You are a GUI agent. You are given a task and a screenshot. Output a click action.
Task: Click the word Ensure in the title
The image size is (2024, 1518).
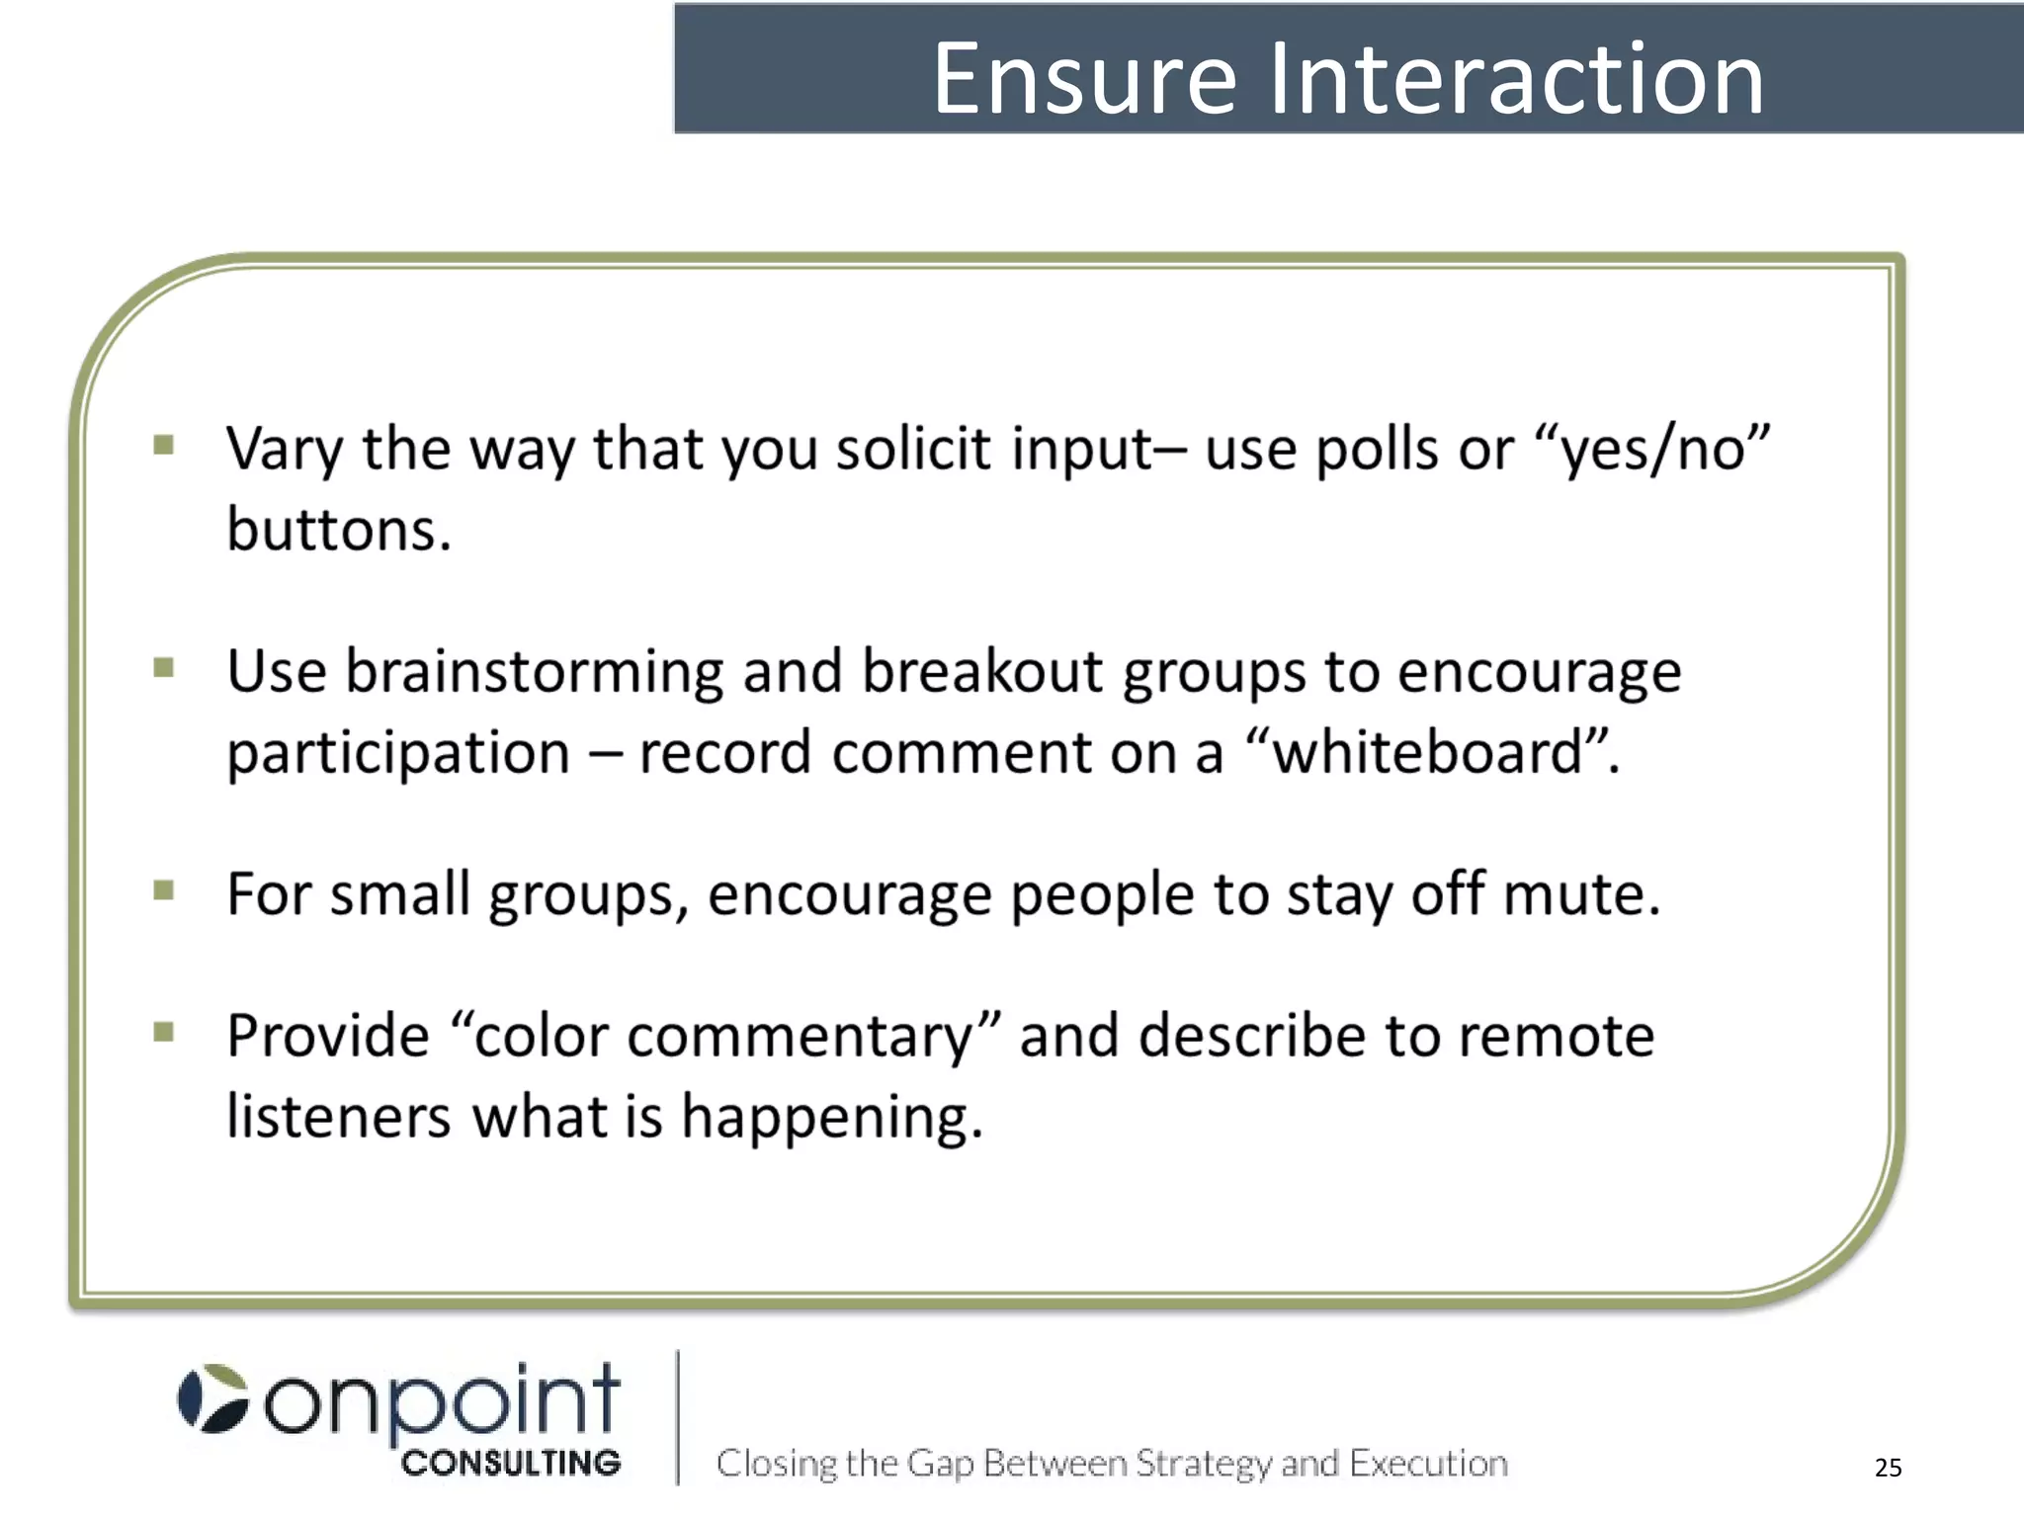[x=1085, y=79]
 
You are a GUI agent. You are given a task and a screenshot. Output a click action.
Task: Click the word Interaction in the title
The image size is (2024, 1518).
[x=1516, y=79]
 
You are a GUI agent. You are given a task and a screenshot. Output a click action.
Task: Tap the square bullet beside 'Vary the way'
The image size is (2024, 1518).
[x=164, y=445]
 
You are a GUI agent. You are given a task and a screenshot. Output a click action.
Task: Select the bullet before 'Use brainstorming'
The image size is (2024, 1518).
[x=164, y=669]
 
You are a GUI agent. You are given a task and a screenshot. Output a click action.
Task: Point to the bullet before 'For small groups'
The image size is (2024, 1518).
[x=164, y=891]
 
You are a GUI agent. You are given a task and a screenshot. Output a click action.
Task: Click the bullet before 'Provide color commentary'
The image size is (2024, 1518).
[x=164, y=1033]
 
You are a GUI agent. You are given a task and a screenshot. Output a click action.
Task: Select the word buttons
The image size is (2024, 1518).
[x=338, y=530]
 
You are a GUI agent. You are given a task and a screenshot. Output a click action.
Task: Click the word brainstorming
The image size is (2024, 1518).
[x=534, y=673]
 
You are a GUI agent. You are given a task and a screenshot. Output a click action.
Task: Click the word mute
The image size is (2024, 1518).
[x=1579, y=894]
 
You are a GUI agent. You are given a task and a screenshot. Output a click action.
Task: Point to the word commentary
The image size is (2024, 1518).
[x=801, y=1038]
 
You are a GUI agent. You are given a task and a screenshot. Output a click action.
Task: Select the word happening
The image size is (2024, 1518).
[x=831, y=1119]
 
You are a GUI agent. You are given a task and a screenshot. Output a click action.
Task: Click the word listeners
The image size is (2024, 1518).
[x=338, y=1117]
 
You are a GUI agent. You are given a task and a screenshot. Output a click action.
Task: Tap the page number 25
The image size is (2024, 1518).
[x=1888, y=1467]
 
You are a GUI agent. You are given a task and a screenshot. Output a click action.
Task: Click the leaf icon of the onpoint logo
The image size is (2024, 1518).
[x=213, y=1398]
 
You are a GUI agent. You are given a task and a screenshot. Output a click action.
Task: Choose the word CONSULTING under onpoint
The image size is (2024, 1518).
[x=511, y=1463]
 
